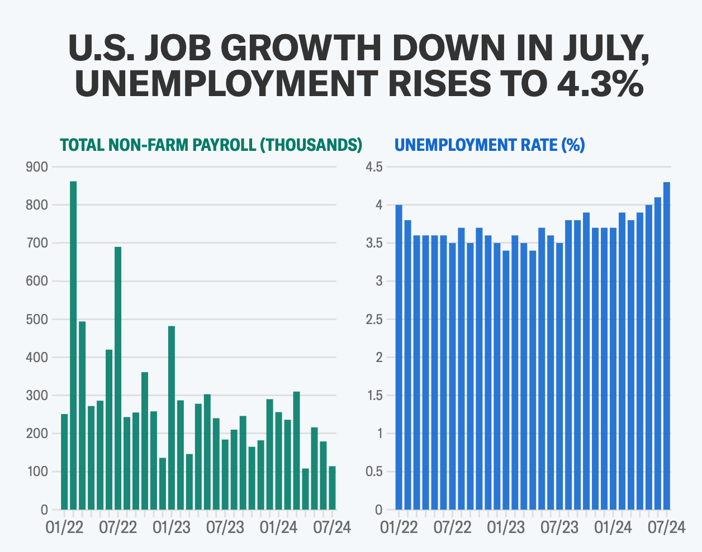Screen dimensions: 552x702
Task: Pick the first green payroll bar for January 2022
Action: [x=64, y=461]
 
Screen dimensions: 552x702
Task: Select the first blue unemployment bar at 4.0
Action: [x=399, y=357]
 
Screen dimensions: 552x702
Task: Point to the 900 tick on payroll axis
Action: [x=37, y=167]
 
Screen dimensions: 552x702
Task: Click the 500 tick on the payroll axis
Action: [x=37, y=320]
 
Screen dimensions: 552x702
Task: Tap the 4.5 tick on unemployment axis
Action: [x=374, y=167]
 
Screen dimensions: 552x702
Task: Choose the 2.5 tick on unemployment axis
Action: [x=374, y=320]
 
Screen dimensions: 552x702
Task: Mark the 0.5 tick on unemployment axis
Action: [x=374, y=472]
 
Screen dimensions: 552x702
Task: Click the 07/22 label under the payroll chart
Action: [x=118, y=527]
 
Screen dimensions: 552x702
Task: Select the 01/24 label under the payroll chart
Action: [x=278, y=527]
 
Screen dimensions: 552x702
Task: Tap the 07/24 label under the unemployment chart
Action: [x=666, y=527]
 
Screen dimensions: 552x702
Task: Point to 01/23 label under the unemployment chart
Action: [x=506, y=527]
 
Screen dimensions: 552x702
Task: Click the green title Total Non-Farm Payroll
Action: [x=211, y=145]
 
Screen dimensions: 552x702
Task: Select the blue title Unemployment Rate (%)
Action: [x=490, y=145]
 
